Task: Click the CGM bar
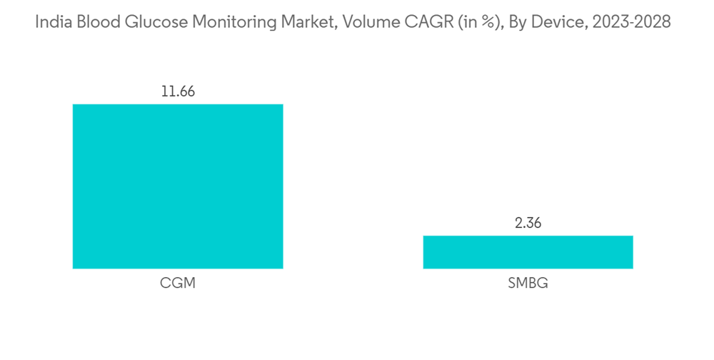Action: (x=178, y=186)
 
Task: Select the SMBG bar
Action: (x=528, y=252)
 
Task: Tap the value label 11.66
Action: (x=178, y=91)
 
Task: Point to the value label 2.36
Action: (x=528, y=223)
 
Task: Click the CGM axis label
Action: (x=178, y=283)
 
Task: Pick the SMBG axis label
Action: (x=528, y=283)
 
